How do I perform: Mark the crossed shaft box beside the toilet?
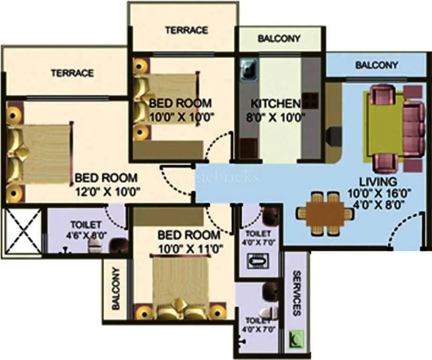pyautogui.click(x=22, y=231)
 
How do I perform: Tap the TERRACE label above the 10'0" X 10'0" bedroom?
pyautogui.click(x=186, y=30)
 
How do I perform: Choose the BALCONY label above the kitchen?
pyautogui.click(x=279, y=39)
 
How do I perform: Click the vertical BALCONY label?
pyautogui.click(x=115, y=289)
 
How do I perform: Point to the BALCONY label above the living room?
pyautogui.click(x=377, y=65)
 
